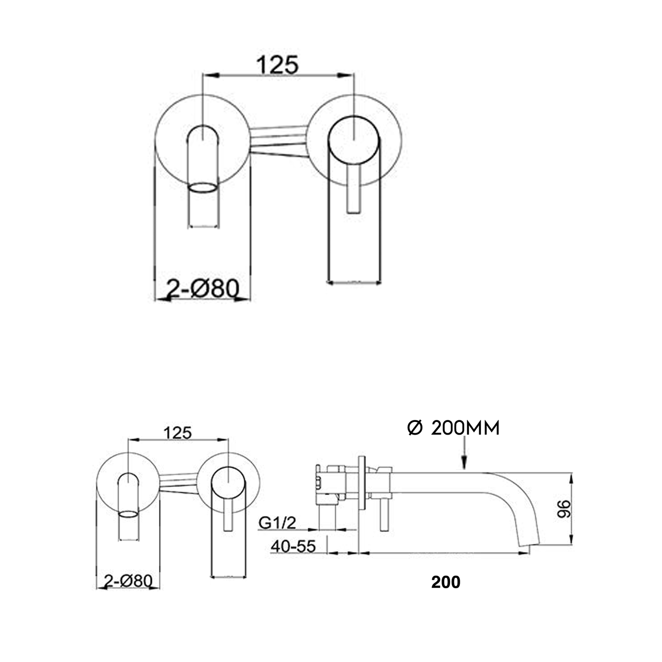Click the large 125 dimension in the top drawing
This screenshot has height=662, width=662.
click(x=278, y=65)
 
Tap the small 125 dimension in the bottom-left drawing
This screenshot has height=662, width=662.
click(x=177, y=433)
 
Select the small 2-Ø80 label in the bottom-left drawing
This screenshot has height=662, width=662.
click(x=128, y=580)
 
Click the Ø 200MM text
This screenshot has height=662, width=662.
click(x=453, y=428)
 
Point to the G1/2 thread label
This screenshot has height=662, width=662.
click(x=277, y=523)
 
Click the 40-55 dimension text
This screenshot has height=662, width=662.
click(x=293, y=546)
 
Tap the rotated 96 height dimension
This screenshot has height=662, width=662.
click(x=564, y=509)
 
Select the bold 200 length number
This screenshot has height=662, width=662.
click(x=446, y=582)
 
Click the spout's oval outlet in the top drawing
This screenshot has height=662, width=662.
click(x=203, y=188)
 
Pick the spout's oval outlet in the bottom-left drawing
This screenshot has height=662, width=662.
click(x=128, y=514)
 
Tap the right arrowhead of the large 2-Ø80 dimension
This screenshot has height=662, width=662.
click(x=243, y=299)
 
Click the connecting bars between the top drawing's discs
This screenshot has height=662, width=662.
click(x=278, y=141)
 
